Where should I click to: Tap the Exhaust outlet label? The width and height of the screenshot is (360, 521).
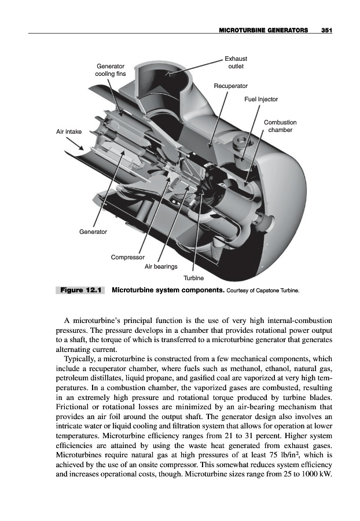click(236, 63)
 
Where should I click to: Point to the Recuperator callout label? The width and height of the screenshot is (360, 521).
click(231, 86)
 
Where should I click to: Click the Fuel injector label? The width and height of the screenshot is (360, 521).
click(261, 99)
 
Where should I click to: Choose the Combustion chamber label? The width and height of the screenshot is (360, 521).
click(280, 126)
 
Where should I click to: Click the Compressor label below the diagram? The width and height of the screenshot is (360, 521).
click(128, 256)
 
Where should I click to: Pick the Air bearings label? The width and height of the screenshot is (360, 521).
click(161, 267)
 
